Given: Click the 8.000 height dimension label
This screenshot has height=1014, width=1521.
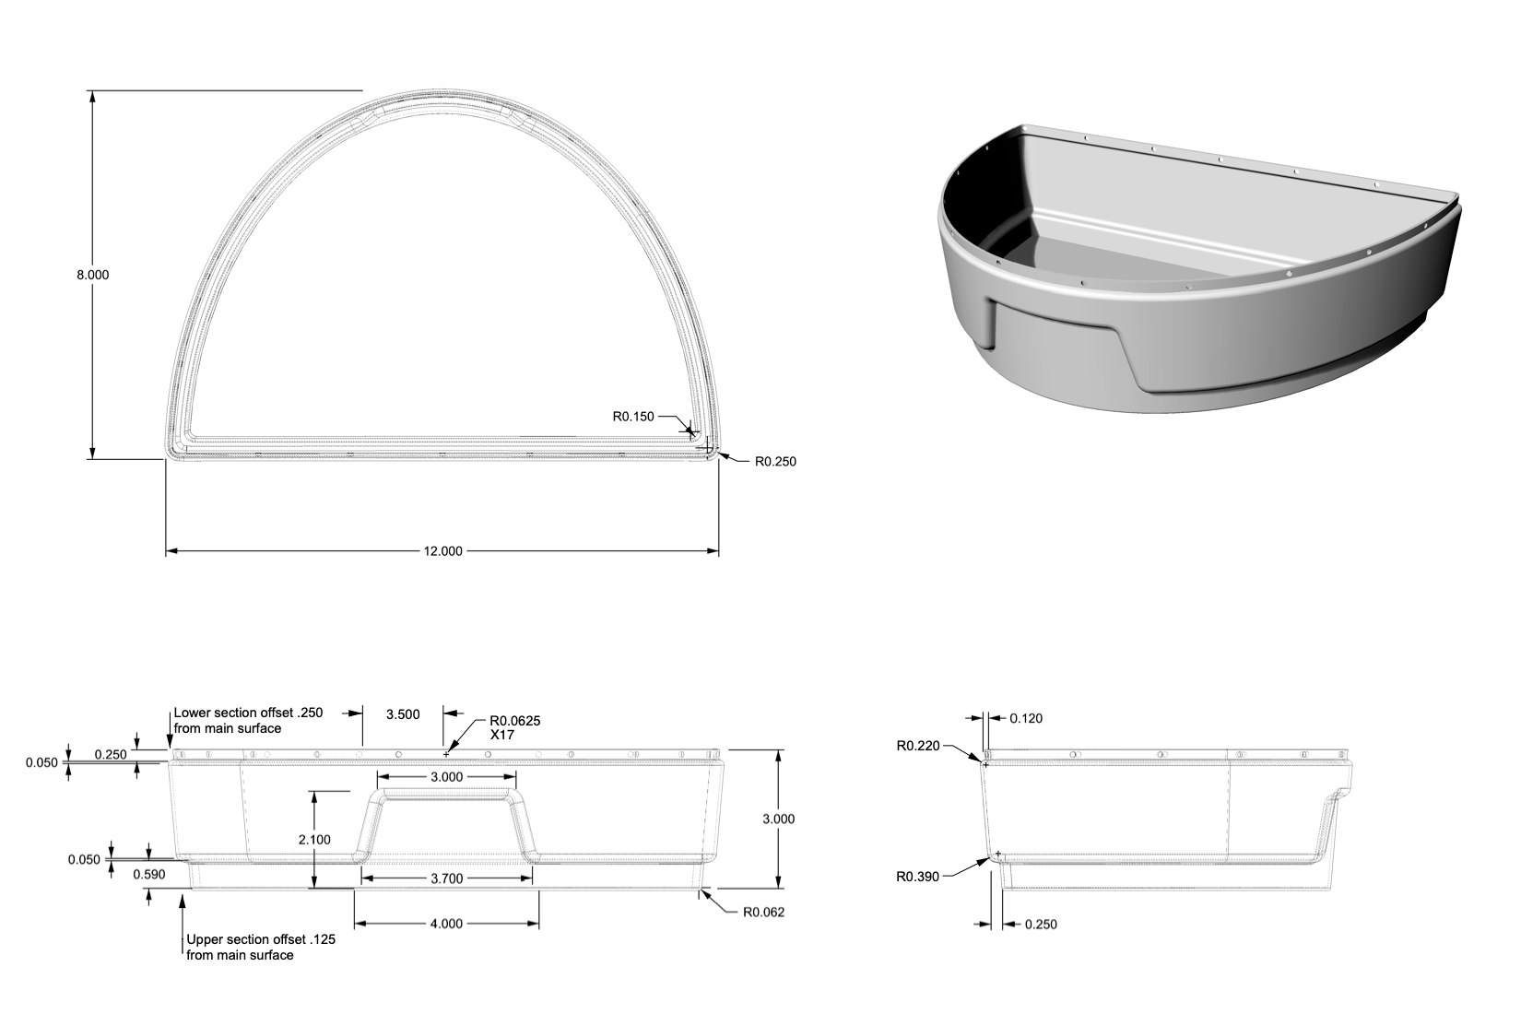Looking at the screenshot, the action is pos(92,275).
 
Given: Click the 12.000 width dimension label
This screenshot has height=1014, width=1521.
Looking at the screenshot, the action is pos(442,551).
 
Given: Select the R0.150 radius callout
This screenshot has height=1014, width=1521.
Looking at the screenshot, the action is pos(633,417).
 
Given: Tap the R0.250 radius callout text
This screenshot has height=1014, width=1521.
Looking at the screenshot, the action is pos(775,462).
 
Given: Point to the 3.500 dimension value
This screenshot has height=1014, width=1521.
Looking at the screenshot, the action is pos(403,714).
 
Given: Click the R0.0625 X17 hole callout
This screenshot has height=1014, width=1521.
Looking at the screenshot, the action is pos(515,727).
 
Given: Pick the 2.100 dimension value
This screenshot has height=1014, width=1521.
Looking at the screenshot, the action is pos(314,840).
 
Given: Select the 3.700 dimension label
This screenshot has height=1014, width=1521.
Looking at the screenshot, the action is pos(447,878).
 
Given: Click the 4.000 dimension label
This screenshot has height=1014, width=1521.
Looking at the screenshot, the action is pos(446,924).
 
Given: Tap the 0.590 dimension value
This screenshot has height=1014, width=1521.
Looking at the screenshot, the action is pos(148,874).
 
